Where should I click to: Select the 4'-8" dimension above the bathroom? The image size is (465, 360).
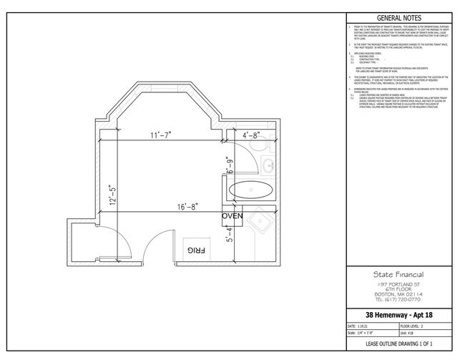255,134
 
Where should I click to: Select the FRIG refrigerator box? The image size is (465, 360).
197,250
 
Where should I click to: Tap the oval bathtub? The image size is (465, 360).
250,191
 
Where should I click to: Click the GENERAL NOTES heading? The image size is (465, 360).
398,18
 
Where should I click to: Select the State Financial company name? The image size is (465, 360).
399,276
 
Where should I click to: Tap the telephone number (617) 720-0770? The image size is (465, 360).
399,300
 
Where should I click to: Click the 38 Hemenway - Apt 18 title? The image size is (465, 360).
399,315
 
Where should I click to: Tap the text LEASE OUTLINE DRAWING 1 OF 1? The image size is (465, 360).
399,345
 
